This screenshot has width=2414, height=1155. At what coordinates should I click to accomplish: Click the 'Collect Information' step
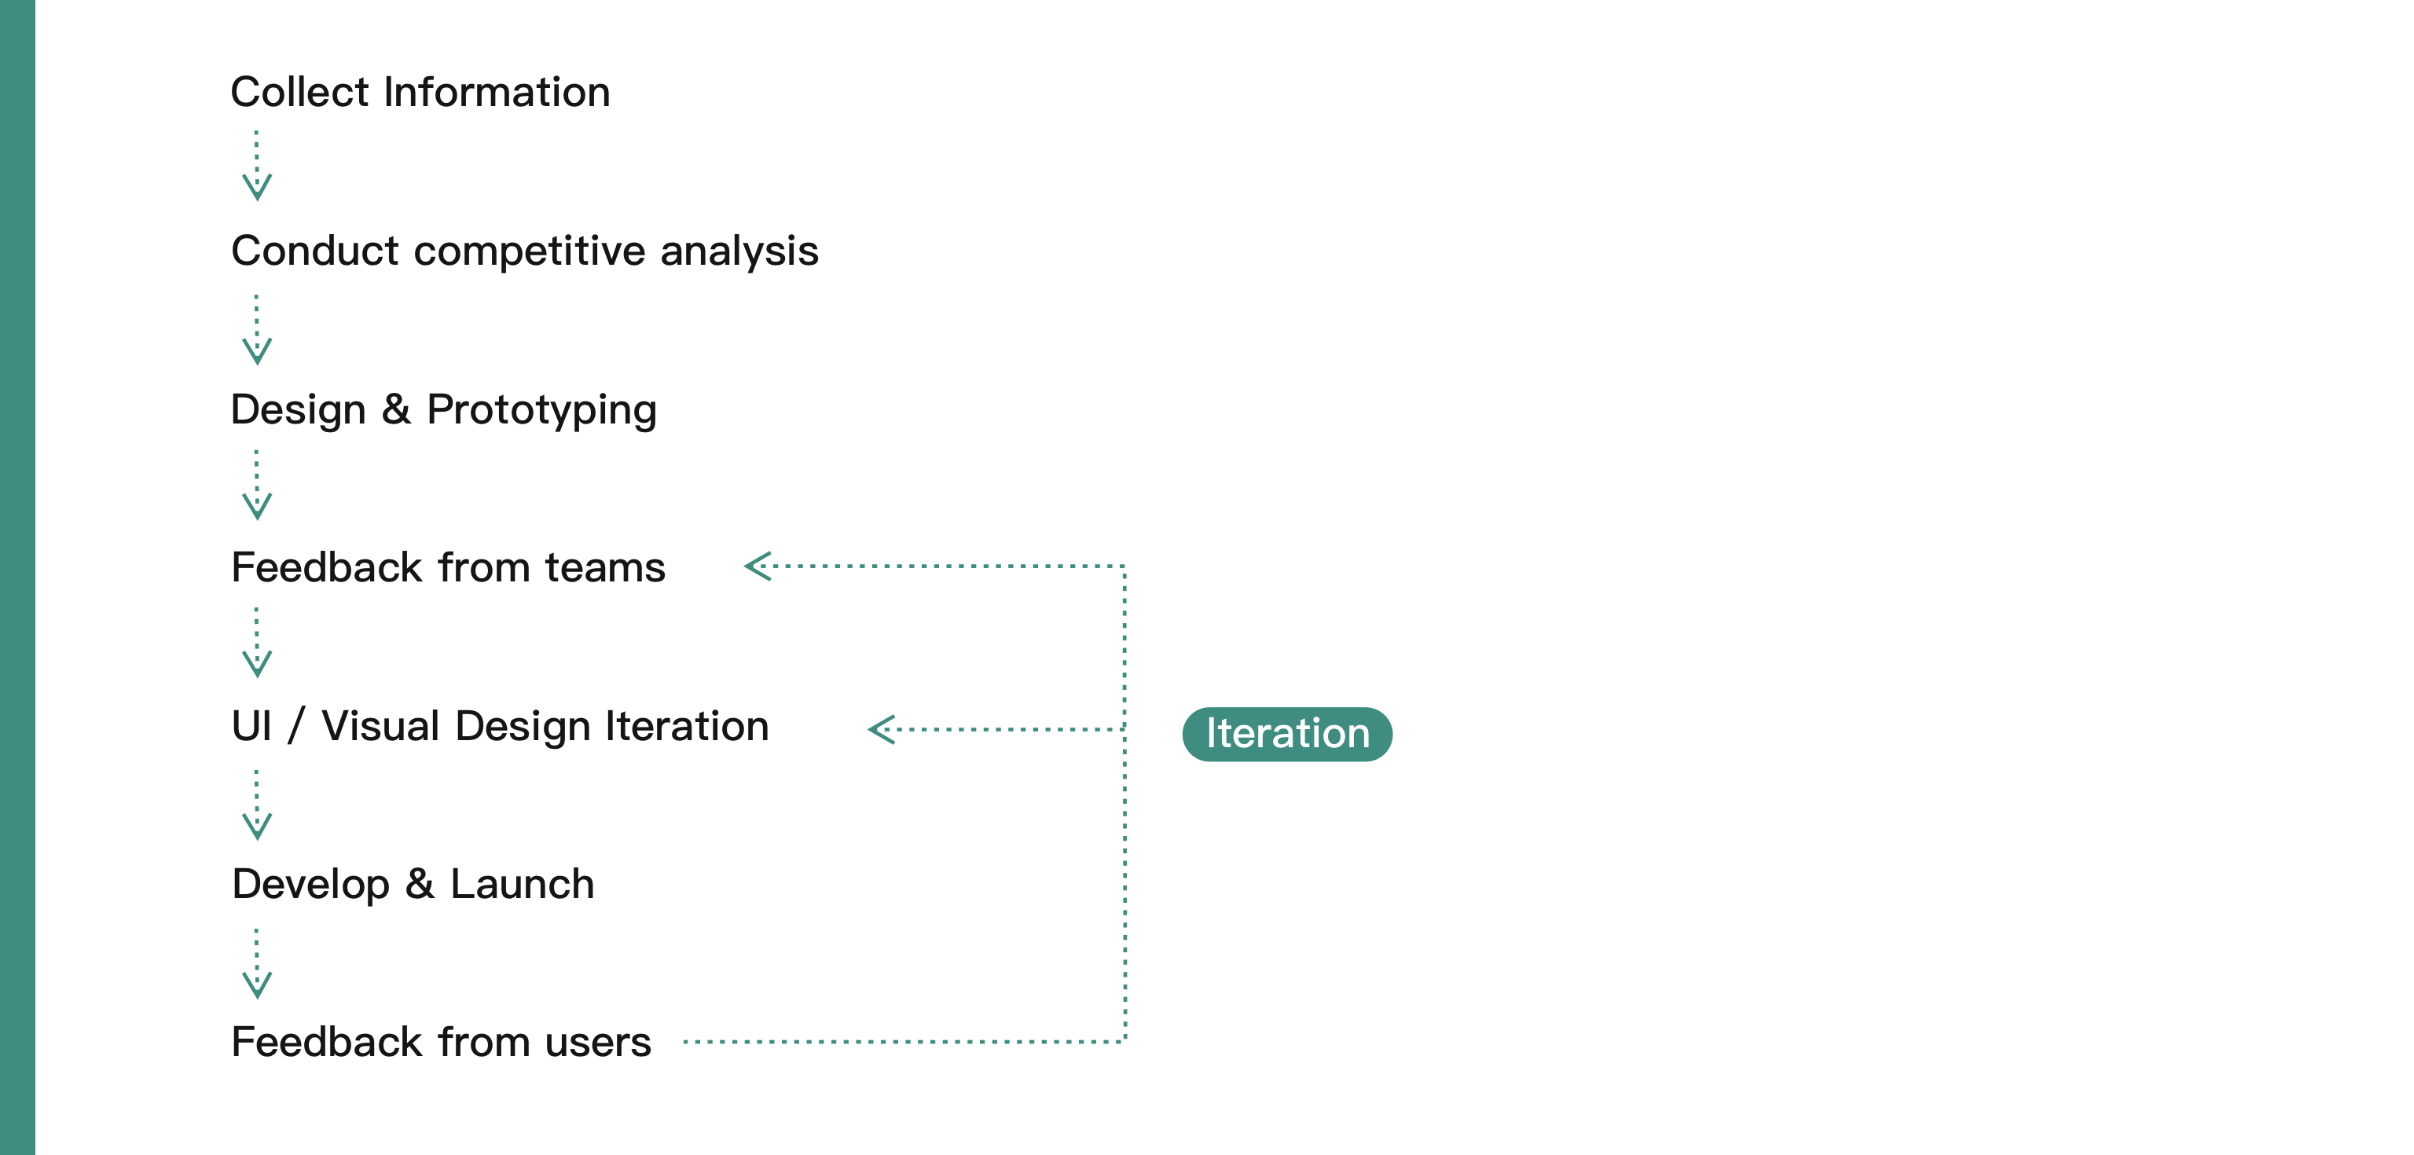point(420,92)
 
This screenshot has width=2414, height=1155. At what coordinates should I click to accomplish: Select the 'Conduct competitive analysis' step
point(525,251)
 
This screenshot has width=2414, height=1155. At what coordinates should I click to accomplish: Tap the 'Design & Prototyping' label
point(444,410)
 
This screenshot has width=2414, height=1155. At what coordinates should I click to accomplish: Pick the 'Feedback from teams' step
point(448,567)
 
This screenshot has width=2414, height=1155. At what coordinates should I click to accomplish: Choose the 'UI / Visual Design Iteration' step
point(501,726)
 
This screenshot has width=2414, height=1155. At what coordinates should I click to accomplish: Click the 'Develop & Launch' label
point(413,884)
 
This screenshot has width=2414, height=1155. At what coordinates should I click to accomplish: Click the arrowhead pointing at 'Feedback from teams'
point(758,566)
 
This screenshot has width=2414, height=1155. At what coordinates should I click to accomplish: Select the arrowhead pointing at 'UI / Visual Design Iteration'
point(882,729)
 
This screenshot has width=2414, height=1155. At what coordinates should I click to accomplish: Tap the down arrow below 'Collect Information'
point(257,166)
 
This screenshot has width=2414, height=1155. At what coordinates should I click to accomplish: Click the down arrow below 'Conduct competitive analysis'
point(257,330)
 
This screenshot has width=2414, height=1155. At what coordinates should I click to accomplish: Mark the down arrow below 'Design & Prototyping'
point(257,484)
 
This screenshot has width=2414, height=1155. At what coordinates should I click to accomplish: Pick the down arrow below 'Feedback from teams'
point(257,643)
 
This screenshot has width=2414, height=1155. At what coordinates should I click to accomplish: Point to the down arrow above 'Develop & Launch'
point(257,805)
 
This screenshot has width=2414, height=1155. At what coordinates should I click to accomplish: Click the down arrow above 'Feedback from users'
point(257,964)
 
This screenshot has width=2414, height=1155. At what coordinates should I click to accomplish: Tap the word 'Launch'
point(522,884)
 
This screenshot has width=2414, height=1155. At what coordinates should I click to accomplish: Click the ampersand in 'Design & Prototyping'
point(395,409)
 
